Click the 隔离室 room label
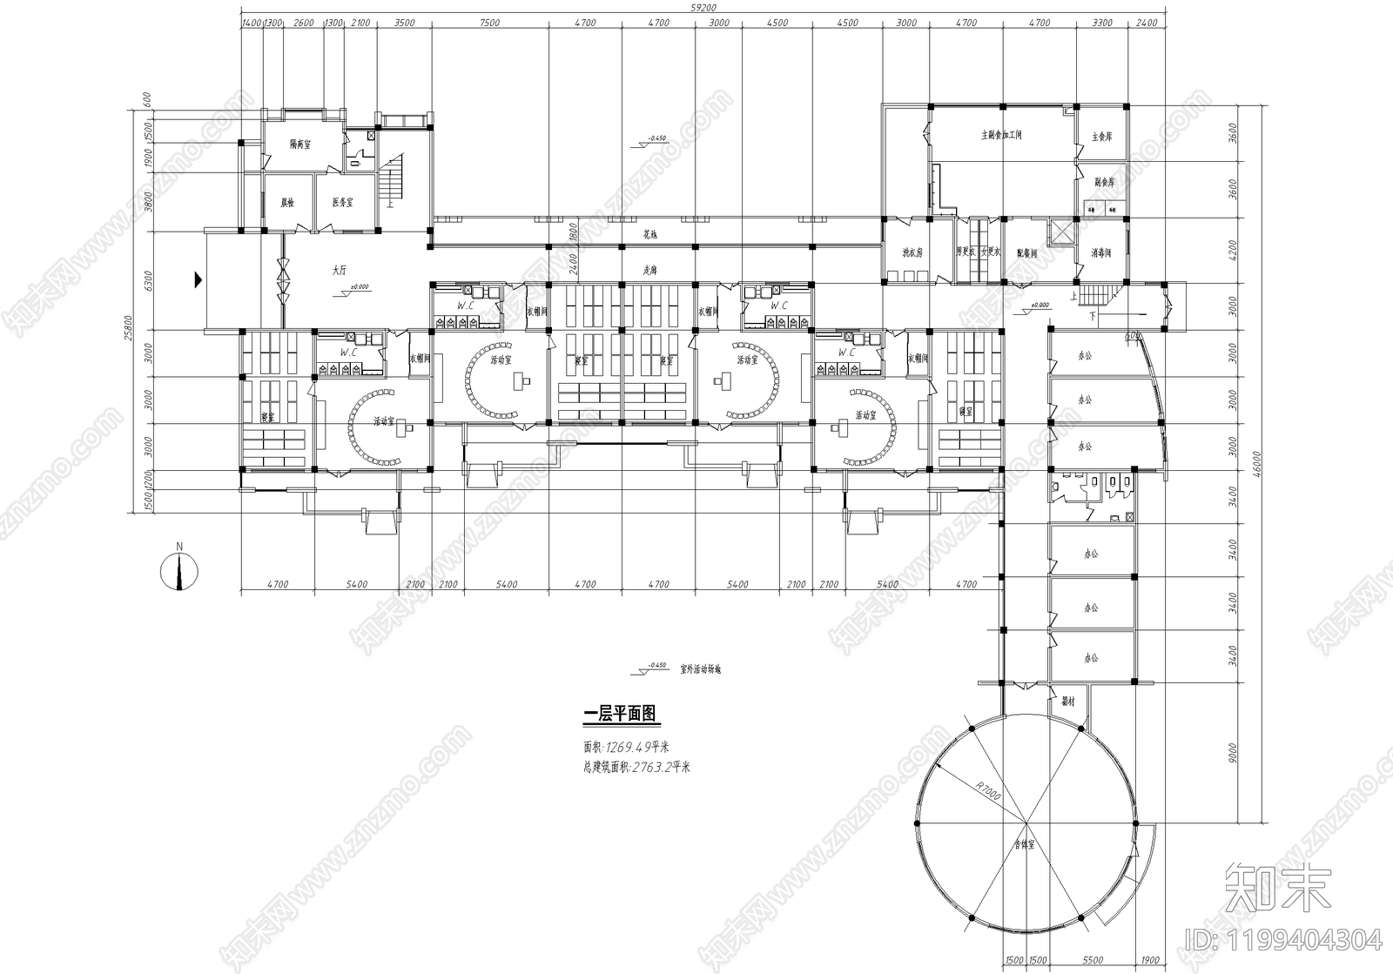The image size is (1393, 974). coord(301,144)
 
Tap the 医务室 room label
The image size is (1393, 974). coord(341,202)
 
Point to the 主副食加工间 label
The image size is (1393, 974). coord(1001,135)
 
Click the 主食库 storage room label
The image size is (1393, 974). coord(1102,137)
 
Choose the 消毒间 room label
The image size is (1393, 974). coord(1101,253)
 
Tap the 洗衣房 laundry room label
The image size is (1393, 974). coord(912,252)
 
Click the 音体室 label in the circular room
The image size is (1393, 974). coord(1025,844)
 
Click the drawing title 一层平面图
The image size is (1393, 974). coord(619,715)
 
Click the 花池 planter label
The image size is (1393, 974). coord(649,234)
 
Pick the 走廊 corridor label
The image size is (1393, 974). coord(649,270)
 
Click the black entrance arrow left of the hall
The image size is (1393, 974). coord(199,279)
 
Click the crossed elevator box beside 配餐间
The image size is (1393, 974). coord(1063,232)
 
